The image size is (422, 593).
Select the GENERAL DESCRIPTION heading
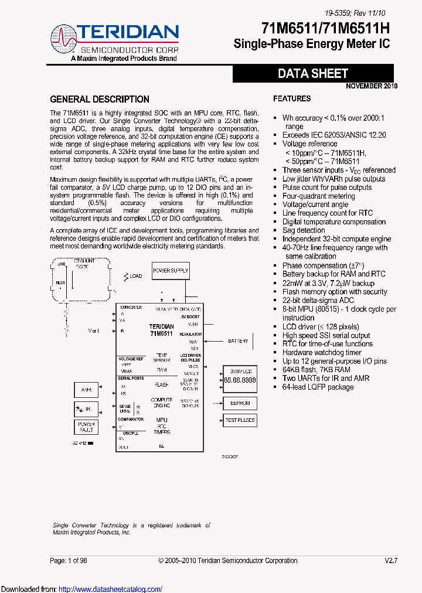tap(100, 99)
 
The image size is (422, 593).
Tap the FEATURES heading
tap(292, 98)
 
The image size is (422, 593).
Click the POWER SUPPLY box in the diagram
tap(171, 270)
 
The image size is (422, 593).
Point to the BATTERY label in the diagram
tap(238, 341)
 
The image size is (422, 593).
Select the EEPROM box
tap(240, 403)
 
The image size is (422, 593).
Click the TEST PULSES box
tap(240, 420)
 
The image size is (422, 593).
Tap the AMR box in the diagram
tap(86, 390)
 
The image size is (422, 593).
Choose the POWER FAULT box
tap(86, 427)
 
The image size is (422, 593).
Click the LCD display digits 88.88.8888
tap(240, 380)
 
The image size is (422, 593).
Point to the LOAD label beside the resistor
tap(135, 275)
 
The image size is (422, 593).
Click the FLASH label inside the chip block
tap(161, 385)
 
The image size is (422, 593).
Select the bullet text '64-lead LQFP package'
tap(318, 387)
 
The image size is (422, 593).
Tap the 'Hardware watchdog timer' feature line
tap(322, 352)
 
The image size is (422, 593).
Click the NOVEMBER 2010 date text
tap(371, 86)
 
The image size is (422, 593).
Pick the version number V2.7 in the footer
tap(391, 561)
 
